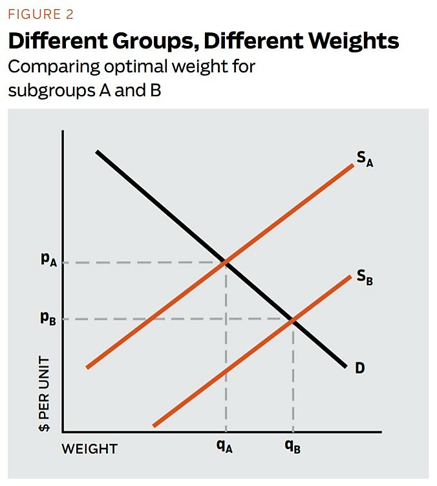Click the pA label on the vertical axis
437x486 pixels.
(47, 262)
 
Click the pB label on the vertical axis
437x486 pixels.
(47, 319)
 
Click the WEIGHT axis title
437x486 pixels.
(90, 449)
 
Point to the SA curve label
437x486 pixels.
(365, 158)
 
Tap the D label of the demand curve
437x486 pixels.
(359, 368)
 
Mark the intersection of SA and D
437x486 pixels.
(226, 262)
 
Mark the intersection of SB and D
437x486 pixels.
(293, 319)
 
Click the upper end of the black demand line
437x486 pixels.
(97, 151)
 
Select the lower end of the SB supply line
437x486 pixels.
(155, 425)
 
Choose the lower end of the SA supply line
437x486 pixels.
(87, 366)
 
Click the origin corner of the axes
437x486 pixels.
(63, 431)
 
